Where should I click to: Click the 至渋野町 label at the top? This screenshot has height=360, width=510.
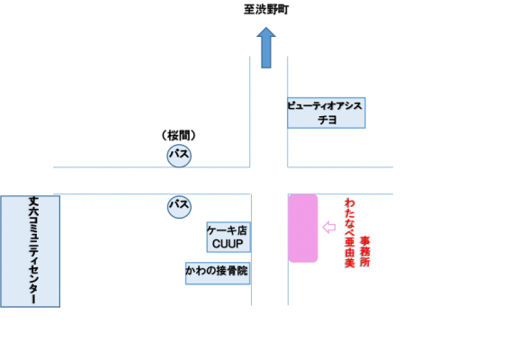click(x=266, y=9)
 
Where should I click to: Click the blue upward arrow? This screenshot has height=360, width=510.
click(x=266, y=48)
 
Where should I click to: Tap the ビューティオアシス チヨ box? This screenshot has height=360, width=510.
click(x=327, y=112)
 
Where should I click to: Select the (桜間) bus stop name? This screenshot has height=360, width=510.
click(x=179, y=135)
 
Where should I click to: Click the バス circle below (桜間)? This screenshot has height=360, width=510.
click(x=179, y=156)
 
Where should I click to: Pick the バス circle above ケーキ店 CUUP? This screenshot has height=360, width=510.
click(x=179, y=206)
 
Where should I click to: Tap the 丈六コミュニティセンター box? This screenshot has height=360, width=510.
click(x=31, y=251)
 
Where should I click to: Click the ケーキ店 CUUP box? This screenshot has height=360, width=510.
click(x=228, y=238)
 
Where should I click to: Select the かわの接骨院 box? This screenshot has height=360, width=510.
click(x=218, y=273)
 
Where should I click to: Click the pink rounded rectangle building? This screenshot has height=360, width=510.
click(x=303, y=229)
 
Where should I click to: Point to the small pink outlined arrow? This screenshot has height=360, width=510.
click(x=329, y=227)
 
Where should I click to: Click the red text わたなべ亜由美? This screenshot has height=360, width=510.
click(x=350, y=233)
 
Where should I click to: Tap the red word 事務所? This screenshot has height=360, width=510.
click(x=364, y=252)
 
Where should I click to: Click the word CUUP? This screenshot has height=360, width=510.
click(x=228, y=244)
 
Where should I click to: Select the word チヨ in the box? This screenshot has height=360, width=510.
click(x=327, y=120)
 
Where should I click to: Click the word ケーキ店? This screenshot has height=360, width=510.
click(x=228, y=230)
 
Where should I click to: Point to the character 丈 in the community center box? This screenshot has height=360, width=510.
click(x=33, y=202)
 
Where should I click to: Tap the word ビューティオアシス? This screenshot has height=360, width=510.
click(x=325, y=106)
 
